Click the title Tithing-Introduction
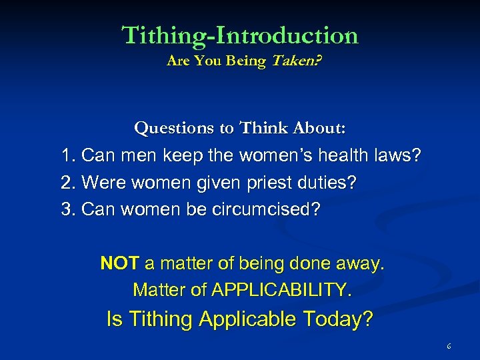[x=240, y=35]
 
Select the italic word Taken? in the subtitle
[x=293, y=61]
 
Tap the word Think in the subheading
[x=265, y=127]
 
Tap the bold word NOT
[x=119, y=263]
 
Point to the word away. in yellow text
[x=361, y=263]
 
